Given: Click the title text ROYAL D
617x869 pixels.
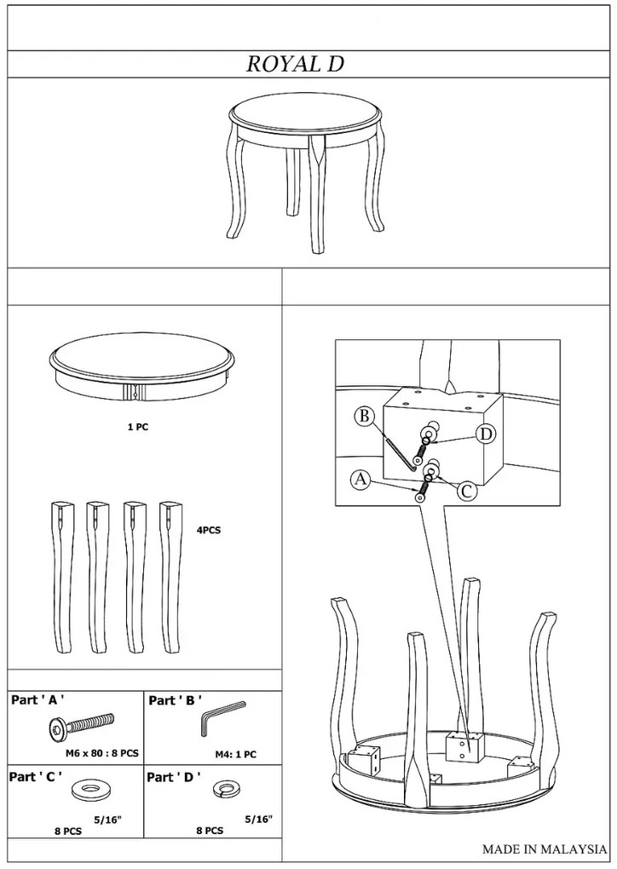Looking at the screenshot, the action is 295,64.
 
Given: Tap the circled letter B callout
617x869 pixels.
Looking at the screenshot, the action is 364,416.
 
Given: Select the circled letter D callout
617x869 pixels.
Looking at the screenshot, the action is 486,434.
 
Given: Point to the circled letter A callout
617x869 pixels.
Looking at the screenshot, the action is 360,479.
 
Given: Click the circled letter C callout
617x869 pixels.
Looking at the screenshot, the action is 467,491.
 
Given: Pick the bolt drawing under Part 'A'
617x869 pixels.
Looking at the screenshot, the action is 81,724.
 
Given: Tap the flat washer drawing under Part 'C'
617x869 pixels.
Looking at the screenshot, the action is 88,791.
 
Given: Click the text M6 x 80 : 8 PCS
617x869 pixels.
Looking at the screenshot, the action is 102,754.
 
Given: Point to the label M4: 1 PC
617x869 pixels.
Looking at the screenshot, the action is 235,754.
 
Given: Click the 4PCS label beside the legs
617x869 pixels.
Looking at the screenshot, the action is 209,530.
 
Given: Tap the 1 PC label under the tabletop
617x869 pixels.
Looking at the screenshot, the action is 137,427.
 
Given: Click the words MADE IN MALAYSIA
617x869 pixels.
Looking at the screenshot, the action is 545,849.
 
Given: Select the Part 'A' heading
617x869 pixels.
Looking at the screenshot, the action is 34,700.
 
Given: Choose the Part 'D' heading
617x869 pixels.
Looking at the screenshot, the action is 174,777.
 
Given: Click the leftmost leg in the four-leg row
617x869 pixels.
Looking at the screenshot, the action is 63,577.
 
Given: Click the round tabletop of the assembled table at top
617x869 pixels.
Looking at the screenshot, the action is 305,112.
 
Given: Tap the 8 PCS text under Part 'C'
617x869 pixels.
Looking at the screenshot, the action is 67,831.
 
